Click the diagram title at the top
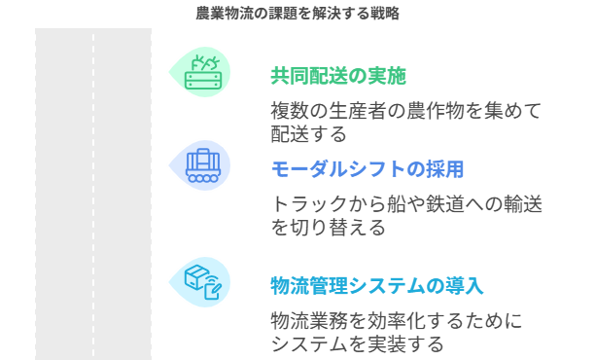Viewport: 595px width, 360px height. coord(297,14)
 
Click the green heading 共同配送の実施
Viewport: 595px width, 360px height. coord(337,77)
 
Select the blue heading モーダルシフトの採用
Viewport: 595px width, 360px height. coord(367,169)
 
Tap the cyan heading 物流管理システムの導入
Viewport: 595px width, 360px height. coord(376,285)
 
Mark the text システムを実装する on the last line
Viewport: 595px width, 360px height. coord(357,343)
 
